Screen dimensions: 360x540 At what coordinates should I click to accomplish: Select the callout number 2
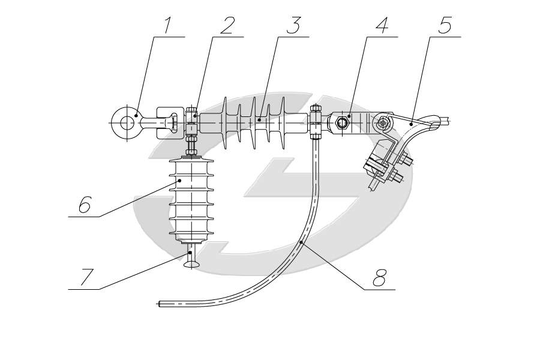coord(226,26)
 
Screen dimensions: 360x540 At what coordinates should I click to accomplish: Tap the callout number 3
coord(292,26)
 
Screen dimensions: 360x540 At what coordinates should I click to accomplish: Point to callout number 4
coord(381,26)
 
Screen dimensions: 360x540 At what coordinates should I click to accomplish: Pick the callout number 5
coord(445,26)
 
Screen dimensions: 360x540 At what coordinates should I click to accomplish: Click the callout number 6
coord(83,206)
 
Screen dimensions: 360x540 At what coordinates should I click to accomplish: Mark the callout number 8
coord(380,278)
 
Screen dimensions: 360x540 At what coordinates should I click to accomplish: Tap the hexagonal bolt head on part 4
coord(341,124)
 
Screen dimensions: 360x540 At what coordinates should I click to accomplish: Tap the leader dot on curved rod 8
coord(301,242)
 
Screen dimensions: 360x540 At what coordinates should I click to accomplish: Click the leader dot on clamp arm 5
coord(411,123)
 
